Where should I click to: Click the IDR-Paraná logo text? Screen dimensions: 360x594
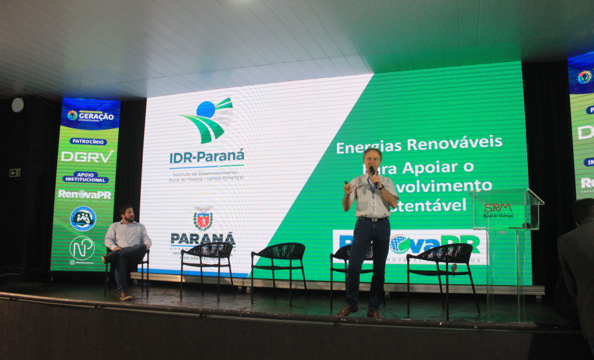click(x=207, y=157)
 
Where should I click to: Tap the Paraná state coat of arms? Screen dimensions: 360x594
click(x=203, y=219)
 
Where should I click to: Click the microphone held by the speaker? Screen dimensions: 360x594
click(x=373, y=174)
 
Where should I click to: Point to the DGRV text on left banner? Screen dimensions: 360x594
click(x=86, y=156)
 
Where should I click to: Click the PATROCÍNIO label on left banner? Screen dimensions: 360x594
click(x=88, y=141)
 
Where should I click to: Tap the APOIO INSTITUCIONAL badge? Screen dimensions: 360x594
click(x=86, y=177)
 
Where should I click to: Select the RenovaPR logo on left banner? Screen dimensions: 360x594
click(x=84, y=194)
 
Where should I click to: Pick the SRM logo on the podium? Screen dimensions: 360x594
click(x=498, y=209)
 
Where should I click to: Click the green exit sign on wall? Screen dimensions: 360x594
click(x=14, y=173)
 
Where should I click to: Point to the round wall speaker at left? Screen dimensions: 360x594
click(x=18, y=104)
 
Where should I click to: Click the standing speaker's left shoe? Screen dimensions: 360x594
click(x=376, y=314)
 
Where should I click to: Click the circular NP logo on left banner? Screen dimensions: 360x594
click(x=82, y=247)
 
